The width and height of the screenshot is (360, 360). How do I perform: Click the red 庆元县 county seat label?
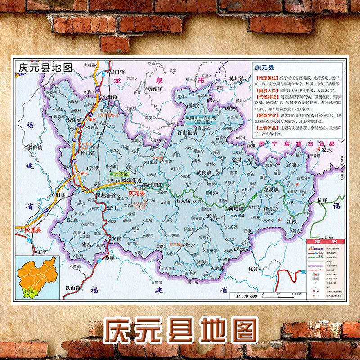tap(136, 193)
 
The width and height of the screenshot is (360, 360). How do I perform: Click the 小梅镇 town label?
tap(109, 97)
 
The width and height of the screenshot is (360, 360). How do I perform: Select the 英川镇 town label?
tap(236, 78)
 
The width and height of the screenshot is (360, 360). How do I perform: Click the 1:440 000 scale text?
tap(245, 296)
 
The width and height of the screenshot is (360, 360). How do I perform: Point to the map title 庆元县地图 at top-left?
tap(45, 67)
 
